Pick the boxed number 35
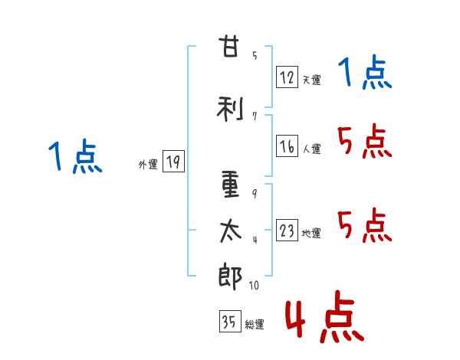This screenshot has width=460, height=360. (229, 322)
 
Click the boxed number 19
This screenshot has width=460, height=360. (173, 162)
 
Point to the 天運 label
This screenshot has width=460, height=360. (311, 79)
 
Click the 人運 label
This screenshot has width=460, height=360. (311, 149)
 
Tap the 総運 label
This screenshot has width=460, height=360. (255, 324)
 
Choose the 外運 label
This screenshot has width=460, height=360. (147, 164)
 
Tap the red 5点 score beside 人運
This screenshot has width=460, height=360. (363, 142)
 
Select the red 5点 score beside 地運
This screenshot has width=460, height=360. (363, 226)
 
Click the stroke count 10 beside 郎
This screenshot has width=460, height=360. (254, 285)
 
